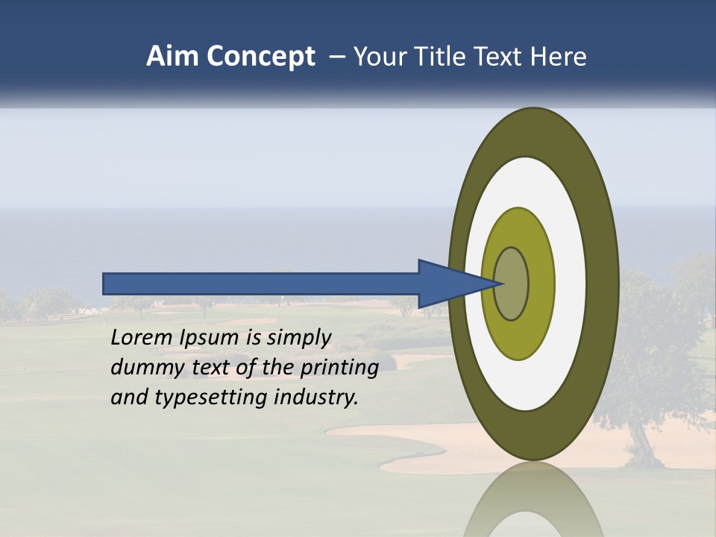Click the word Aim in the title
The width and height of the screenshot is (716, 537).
173,57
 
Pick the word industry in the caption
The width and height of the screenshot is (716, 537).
316,398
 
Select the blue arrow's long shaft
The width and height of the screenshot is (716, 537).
261,283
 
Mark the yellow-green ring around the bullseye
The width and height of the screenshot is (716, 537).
541,283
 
